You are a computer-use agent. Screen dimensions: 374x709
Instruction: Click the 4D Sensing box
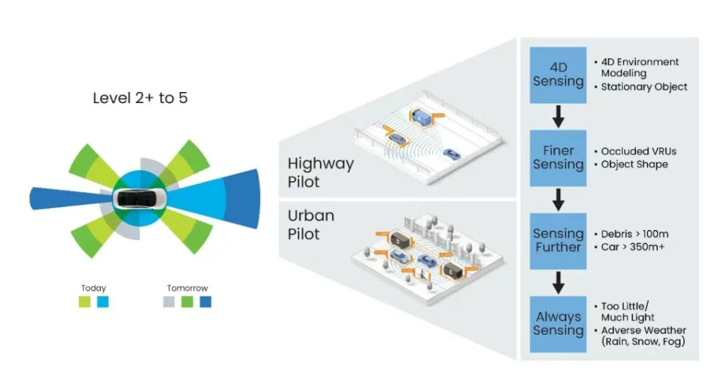[x=558, y=75]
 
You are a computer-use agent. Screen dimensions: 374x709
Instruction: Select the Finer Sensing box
[x=558, y=157]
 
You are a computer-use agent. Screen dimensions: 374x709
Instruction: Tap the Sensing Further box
[x=558, y=240]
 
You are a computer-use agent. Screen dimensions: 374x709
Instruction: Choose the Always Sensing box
[x=558, y=324]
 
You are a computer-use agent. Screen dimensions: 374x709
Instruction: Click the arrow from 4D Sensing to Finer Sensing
[x=558, y=115]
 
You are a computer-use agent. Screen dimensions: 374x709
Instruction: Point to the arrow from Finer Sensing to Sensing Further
[x=558, y=199]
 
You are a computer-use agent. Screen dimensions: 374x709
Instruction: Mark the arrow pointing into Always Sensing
[x=558, y=281]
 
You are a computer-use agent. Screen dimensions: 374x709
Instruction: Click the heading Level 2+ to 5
[x=140, y=97]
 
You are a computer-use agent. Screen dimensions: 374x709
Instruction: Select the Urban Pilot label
[x=312, y=225]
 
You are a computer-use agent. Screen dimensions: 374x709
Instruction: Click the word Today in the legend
[x=93, y=288]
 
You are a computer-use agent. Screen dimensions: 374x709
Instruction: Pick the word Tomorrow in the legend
[x=187, y=288]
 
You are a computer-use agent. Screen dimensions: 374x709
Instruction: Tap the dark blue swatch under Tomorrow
[x=205, y=301]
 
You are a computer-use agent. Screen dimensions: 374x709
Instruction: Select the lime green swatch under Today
[x=85, y=301]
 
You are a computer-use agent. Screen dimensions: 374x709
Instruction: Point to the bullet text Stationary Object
[x=644, y=87]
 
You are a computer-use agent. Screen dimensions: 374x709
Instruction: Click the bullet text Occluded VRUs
[x=639, y=151]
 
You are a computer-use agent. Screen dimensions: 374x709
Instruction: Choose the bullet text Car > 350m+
[x=635, y=247]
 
